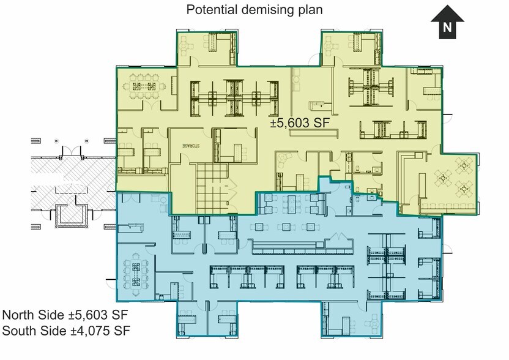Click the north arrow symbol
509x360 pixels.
[x=447, y=22]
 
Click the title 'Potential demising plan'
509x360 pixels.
[x=254, y=9]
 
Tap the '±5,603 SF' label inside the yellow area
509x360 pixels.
[x=300, y=123]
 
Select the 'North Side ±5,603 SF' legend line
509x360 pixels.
[x=65, y=315]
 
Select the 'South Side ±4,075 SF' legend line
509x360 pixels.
[x=66, y=331]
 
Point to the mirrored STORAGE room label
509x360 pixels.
[x=191, y=146]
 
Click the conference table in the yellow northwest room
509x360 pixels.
[x=144, y=86]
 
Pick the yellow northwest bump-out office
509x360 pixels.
[x=207, y=48]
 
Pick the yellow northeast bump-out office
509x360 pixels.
[x=352, y=48]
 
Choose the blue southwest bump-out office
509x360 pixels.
[x=207, y=319]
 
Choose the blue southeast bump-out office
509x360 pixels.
[x=352, y=319]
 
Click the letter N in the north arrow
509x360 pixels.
[x=447, y=28]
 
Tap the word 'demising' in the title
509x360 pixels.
[x=269, y=10]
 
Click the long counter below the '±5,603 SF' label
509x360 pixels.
[x=314, y=133]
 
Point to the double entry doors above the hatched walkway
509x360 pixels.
[x=71, y=151]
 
